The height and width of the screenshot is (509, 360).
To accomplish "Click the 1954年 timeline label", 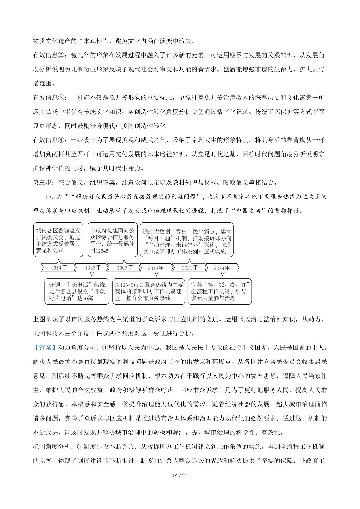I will tap(59, 268).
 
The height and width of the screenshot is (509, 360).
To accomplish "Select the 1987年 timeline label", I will tap(93, 268).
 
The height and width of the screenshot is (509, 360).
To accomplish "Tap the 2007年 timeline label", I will tap(125, 268).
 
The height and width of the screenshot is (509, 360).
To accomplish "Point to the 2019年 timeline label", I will tap(156, 268).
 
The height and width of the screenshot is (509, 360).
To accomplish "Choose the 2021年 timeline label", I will tap(190, 268).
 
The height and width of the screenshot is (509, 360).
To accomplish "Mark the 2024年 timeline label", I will tap(222, 268).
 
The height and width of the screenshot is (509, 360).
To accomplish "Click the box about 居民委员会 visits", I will tap(58, 240).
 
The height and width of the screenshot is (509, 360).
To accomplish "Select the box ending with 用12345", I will tap(112, 240).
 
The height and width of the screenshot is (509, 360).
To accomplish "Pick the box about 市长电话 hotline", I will tap(77, 291).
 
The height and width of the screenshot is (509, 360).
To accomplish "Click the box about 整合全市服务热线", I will tap(149, 291).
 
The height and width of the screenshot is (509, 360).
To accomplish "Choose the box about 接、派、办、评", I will tap(220, 291).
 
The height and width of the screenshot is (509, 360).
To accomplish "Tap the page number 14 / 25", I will tap(180, 475).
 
